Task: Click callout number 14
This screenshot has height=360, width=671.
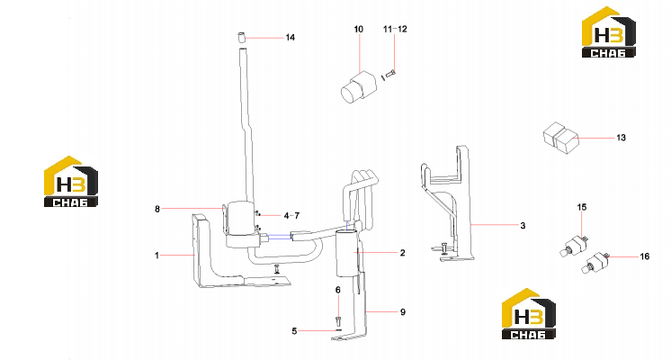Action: point(291,38)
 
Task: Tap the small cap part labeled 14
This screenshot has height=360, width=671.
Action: point(241,37)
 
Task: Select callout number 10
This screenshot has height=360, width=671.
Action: point(359,29)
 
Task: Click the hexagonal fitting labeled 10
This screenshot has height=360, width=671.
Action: point(359,87)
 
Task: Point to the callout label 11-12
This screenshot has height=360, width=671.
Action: point(395,29)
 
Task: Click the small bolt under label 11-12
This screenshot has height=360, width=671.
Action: point(389,75)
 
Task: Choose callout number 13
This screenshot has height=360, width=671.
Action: point(621,138)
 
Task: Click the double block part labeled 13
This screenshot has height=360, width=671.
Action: point(561,138)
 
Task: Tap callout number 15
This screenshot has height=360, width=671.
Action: point(582,207)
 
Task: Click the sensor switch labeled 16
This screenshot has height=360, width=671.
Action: point(595,262)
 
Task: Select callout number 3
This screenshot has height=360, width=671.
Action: point(523,226)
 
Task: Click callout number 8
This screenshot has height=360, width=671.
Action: point(157,209)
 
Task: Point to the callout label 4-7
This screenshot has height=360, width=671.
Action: point(291,216)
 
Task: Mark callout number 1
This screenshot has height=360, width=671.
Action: point(157,256)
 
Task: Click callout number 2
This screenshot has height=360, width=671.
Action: point(402,253)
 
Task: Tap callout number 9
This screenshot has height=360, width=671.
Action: point(403,312)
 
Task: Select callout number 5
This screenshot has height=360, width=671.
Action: point(294,331)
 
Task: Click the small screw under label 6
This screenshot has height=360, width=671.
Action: point(338,320)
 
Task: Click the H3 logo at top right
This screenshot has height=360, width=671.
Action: point(609,32)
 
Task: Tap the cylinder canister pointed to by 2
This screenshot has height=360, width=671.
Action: point(346,254)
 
